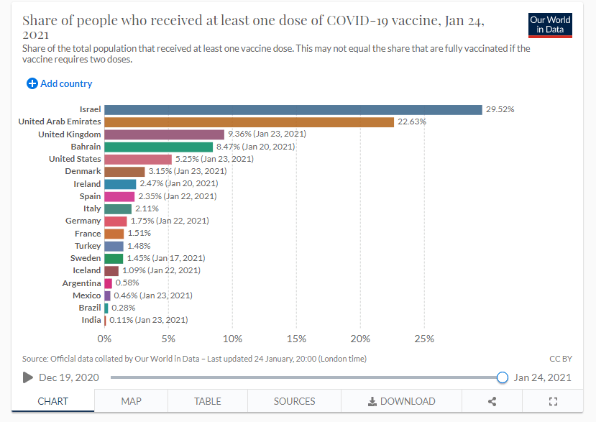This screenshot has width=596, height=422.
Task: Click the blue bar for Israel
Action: (293, 110)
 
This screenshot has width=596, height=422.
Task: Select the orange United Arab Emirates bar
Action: (249, 122)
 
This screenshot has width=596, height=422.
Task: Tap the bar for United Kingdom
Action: (165, 134)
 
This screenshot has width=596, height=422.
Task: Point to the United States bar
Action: (138, 159)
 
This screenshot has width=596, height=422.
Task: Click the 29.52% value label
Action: (500, 110)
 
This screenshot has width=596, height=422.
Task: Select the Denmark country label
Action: (83, 171)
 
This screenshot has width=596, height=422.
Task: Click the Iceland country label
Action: (86, 270)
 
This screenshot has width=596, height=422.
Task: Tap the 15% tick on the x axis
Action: (296, 339)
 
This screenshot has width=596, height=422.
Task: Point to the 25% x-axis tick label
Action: (424, 339)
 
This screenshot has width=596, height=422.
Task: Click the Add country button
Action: (60, 83)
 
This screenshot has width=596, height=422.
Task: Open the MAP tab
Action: (131, 401)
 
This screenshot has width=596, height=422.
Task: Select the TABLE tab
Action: (208, 401)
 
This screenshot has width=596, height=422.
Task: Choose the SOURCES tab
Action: (294, 401)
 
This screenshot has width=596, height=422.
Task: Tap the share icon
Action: (492, 401)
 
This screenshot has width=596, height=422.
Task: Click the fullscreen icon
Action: (553, 401)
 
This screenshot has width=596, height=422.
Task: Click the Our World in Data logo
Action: (550, 25)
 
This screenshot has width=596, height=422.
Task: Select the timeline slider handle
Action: (503, 377)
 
